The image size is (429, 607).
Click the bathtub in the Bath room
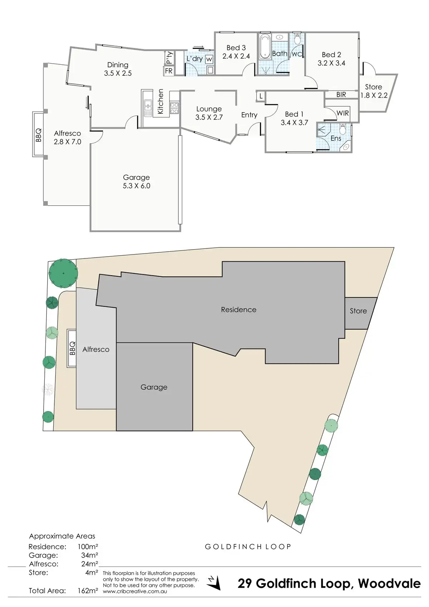coord(265,46)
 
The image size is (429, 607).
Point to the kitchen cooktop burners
coord(174,108)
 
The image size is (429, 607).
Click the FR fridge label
coord(169,71)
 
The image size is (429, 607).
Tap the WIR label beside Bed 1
coord(342,113)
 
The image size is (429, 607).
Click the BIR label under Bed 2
coord(341,95)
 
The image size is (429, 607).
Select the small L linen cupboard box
coord(261,96)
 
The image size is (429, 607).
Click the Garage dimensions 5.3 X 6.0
coord(137,186)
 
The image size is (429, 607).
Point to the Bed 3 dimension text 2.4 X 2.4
coord(236,56)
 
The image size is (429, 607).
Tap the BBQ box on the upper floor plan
coord(38,135)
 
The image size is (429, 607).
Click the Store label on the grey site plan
coord(358,311)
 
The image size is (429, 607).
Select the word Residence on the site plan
coord(238,310)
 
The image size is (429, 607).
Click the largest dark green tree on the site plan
coord(63,273)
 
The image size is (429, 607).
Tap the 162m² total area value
coord(88,591)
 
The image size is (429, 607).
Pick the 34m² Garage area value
coord(89,555)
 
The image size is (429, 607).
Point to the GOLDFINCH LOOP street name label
coord(248,547)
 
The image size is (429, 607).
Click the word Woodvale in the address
coord(389,584)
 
